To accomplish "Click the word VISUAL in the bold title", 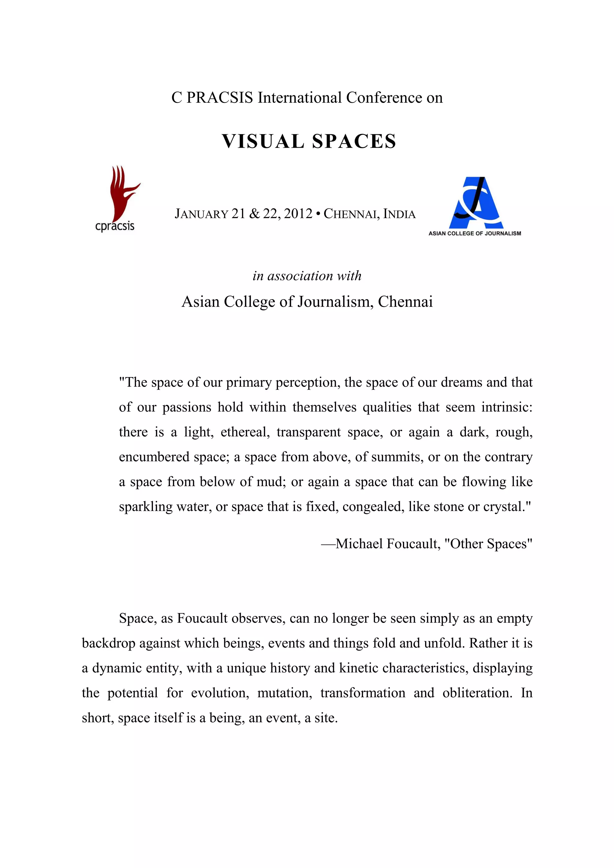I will click(x=263, y=141).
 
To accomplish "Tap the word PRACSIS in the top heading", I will click(x=219, y=98).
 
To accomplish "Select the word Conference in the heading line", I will click(x=384, y=98).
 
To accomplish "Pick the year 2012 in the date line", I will click(x=298, y=214).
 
